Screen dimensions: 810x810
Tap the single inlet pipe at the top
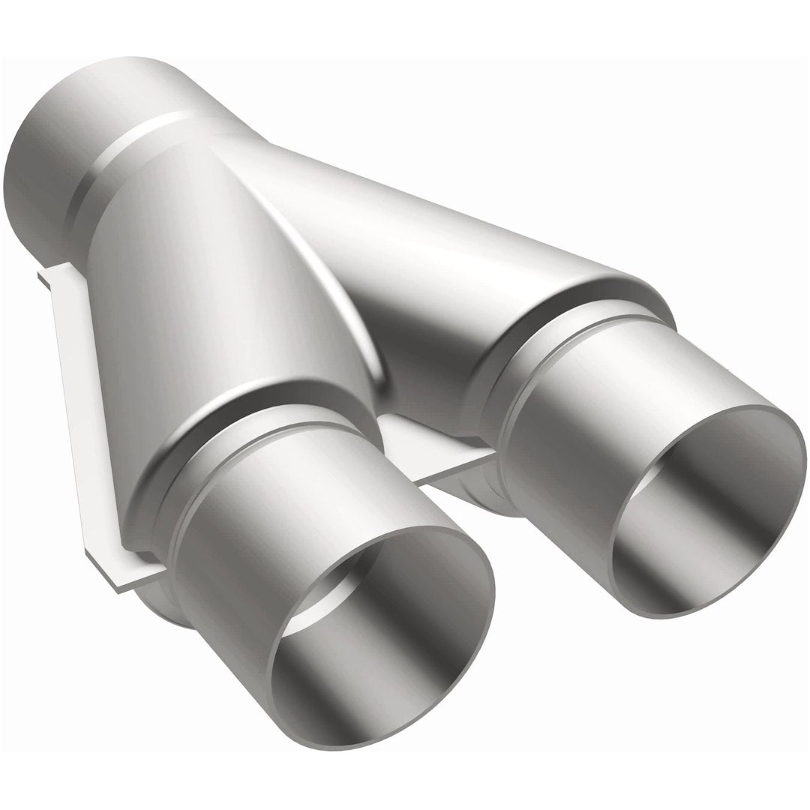point(67,142)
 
